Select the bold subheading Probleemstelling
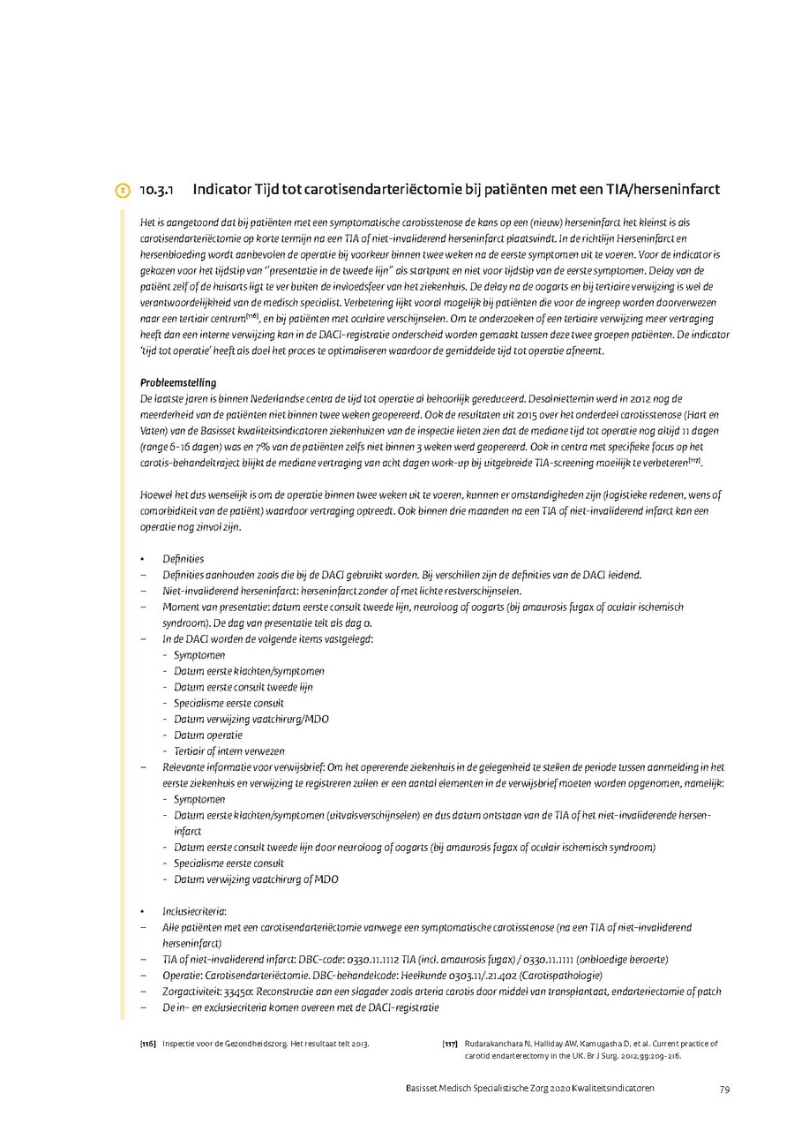(x=178, y=383)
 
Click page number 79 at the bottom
(x=724, y=1089)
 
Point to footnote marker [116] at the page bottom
(x=148, y=1044)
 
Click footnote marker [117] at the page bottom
(x=450, y=1044)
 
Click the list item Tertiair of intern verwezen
(x=228, y=751)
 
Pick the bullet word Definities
(x=183, y=559)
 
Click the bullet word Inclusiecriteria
(x=194, y=911)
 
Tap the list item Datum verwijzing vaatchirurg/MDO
(x=251, y=719)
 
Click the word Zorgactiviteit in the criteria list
(x=190, y=992)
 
